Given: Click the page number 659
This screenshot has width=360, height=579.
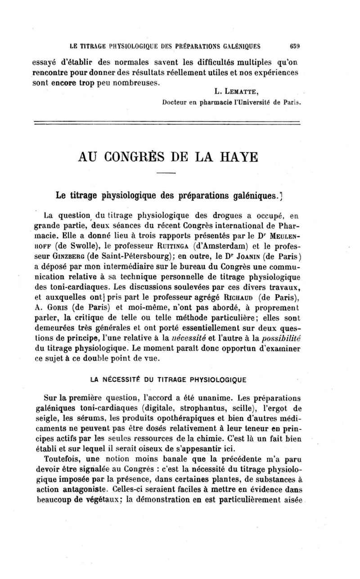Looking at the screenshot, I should tap(295, 45).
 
